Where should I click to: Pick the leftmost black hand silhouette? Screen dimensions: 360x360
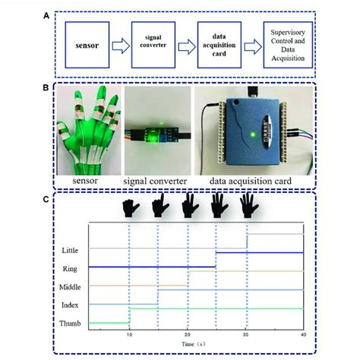[x=130, y=207]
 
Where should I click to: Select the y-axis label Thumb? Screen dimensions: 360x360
[x=68, y=324]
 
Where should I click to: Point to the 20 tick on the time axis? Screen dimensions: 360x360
[x=188, y=335]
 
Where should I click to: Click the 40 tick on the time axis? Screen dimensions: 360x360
[x=303, y=335]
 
